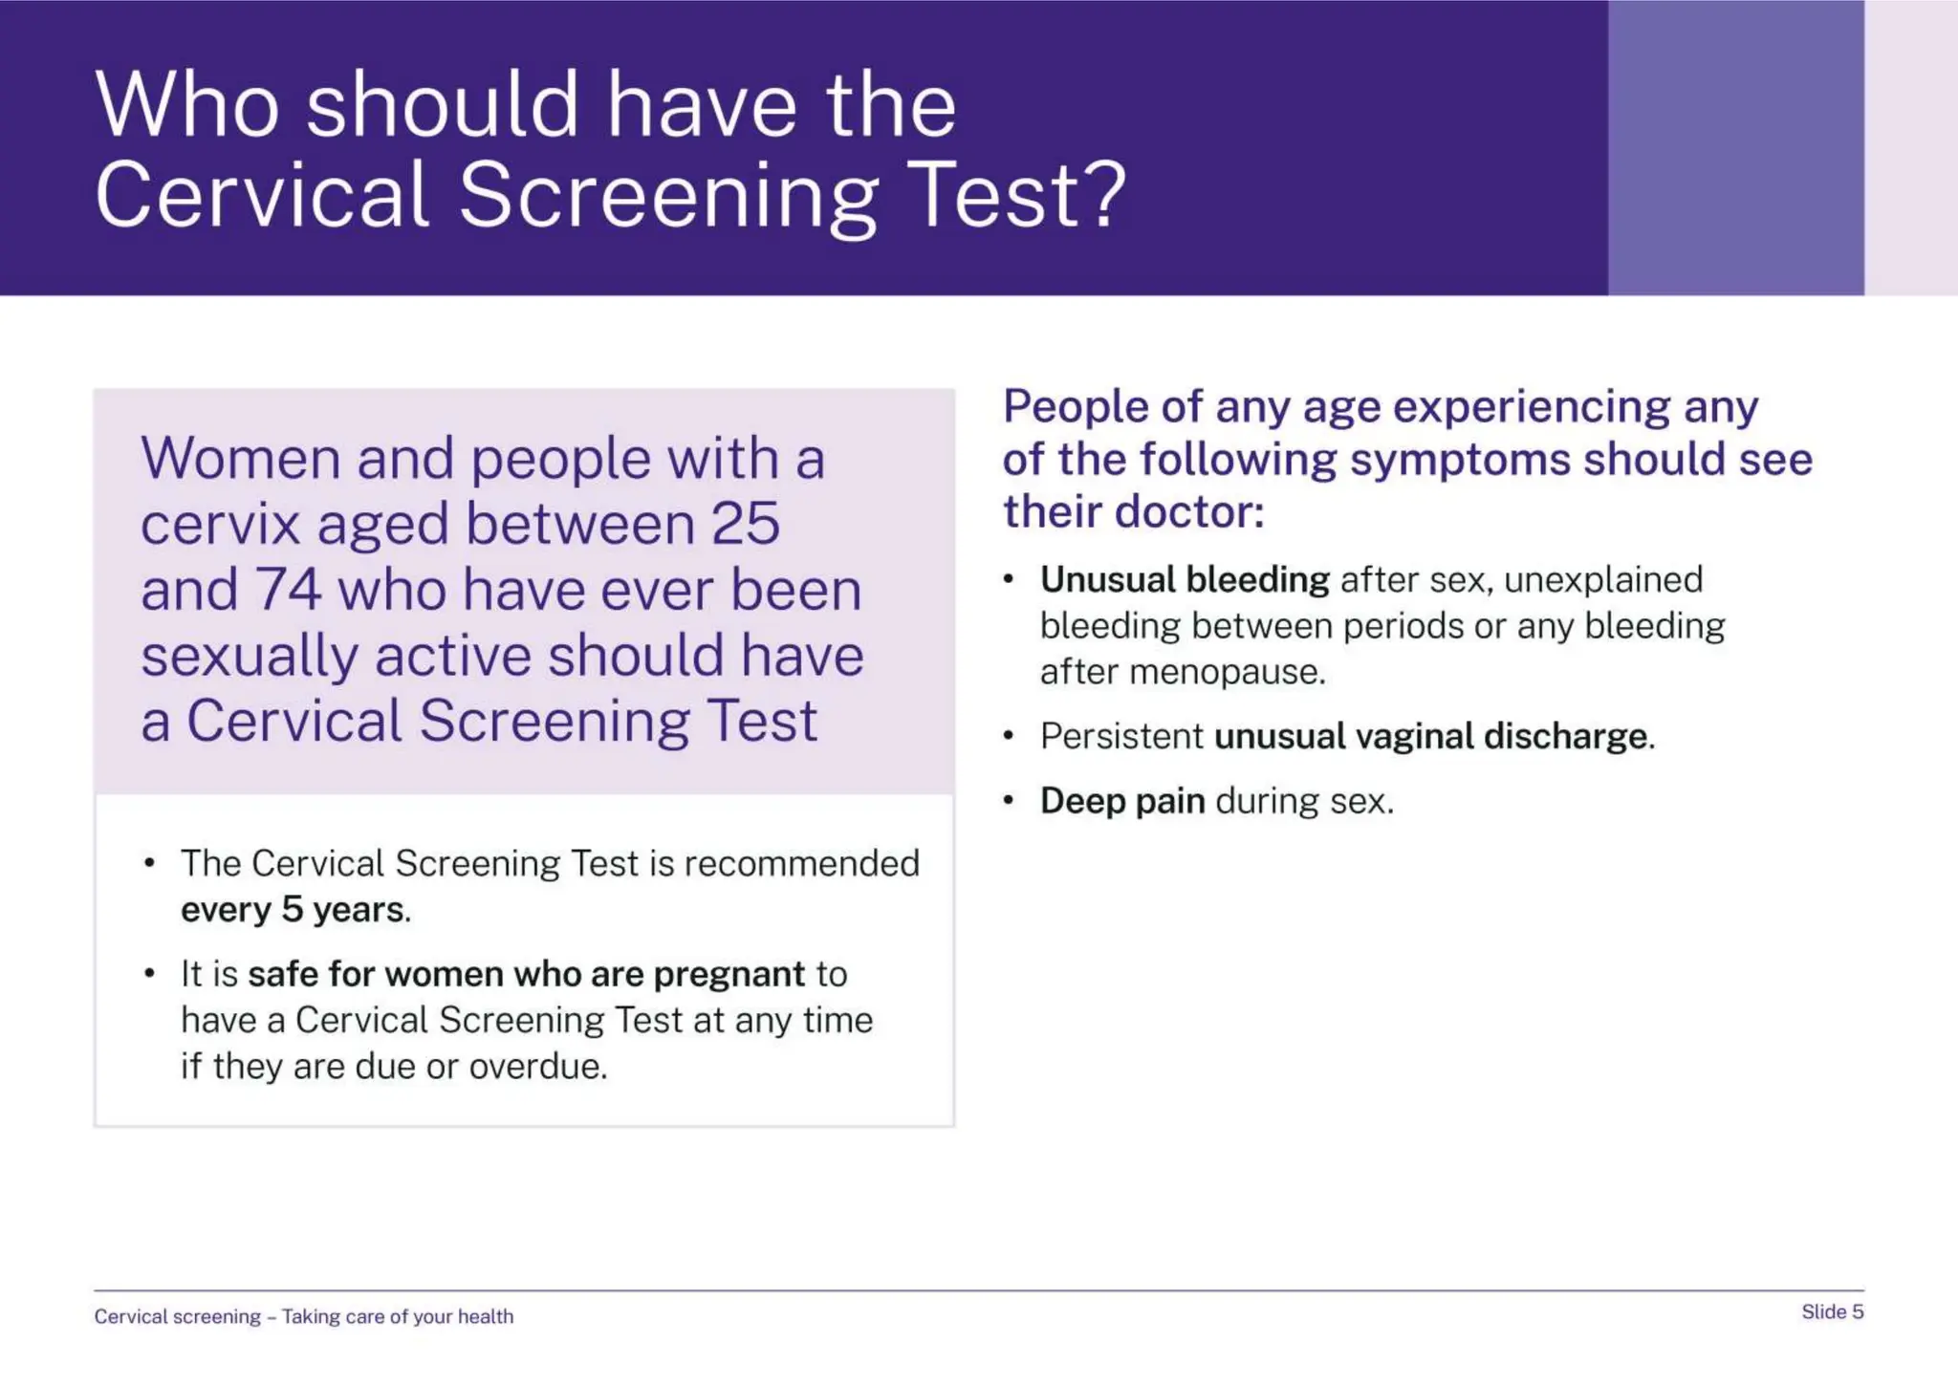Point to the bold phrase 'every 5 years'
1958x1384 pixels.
(293, 910)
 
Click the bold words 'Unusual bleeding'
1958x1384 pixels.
(1184, 579)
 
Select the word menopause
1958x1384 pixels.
(1227, 672)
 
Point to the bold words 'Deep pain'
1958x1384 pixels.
(1121, 801)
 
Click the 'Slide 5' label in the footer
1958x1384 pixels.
(1832, 1311)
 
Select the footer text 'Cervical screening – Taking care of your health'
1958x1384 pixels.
(303, 1316)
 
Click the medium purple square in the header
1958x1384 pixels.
(1735, 147)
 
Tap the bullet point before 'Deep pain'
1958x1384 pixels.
(1008, 801)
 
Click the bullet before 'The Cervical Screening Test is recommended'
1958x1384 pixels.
(149, 863)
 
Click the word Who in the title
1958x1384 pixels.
(187, 104)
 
